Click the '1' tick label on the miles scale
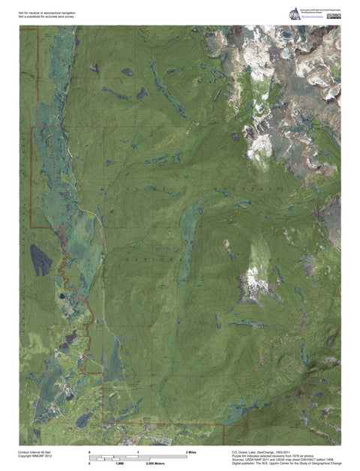click(139, 452)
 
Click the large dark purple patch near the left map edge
click(40, 259)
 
